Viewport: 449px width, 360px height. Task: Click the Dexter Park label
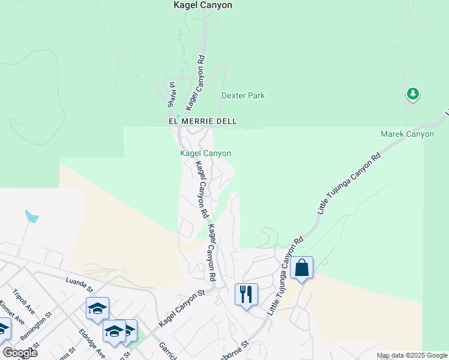click(x=243, y=95)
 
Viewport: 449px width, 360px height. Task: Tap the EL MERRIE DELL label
click(x=202, y=121)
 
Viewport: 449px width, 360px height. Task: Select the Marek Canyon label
click(x=407, y=134)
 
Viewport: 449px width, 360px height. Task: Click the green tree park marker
click(x=412, y=94)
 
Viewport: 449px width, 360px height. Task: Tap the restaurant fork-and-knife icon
click(x=246, y=294)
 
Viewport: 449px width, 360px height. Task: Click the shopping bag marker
click(x=301, y=268)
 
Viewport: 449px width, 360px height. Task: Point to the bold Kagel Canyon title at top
click(x=202, y=5)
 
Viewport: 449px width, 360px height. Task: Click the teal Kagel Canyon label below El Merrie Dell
click(x=206, y=154)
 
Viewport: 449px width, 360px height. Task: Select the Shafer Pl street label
click(x=170, y=95)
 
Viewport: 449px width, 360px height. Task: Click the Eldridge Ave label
click(x=91, y=343)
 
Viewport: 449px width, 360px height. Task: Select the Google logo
click(x=20, y=353)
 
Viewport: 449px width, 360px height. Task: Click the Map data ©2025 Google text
click(x=411, y=355)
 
